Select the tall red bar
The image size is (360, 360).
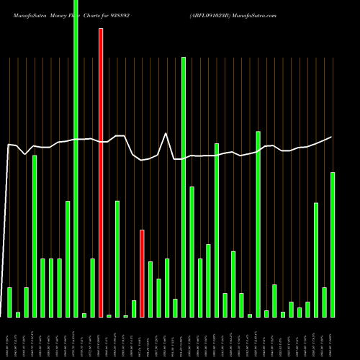(x=101, y=173)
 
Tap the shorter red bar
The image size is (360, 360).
(x=142, y=274)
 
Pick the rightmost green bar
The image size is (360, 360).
(x=333, y=245)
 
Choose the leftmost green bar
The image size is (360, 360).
(x=9, y=302)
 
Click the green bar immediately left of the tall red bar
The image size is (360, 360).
(x=92, y=288)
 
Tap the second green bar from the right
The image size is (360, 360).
(x=324, y=302)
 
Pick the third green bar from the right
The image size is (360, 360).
(x=316, y=260)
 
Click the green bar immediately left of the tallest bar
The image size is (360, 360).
(x=68, y=259)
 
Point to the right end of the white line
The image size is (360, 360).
(x=332, y=137)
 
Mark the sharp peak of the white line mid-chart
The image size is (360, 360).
(x=166, y=133)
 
